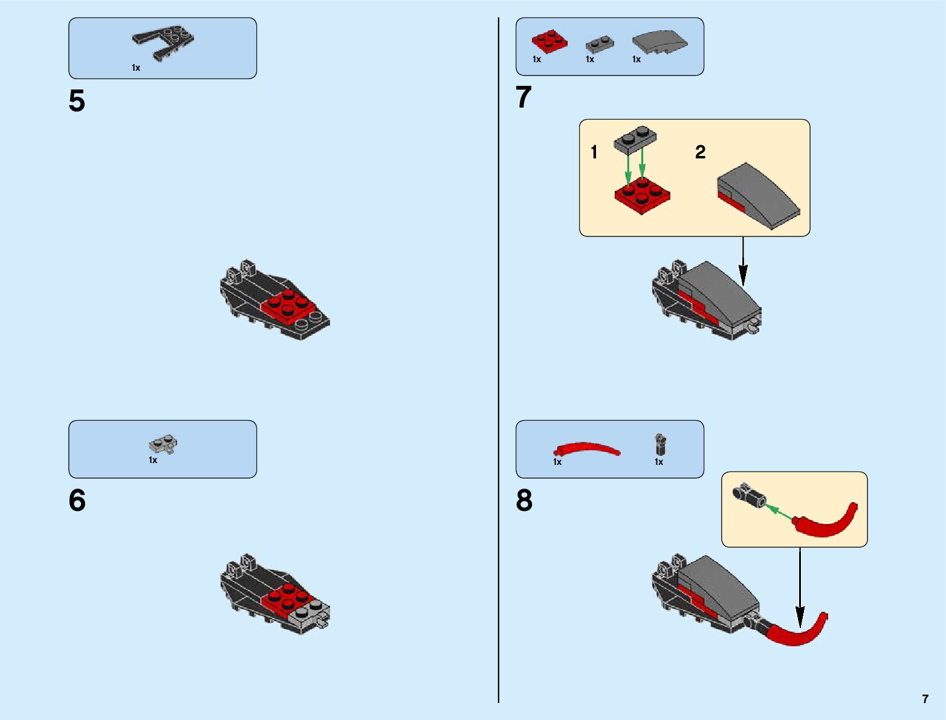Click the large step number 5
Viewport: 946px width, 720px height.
click(77, 101)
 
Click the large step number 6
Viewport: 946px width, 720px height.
click(77, 501)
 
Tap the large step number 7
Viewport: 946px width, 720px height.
click(523, 97)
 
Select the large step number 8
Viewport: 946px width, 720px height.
click(524, 501)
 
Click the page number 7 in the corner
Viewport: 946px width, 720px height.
click(925, 699)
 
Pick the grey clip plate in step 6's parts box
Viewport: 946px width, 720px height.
click(163, 446)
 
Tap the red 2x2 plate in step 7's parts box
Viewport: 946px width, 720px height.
click(549, 41)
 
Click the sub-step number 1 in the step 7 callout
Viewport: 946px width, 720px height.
click(594, 152)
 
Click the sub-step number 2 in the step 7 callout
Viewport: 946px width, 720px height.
click(700, 152)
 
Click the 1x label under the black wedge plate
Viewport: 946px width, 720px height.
click(136, 68)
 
